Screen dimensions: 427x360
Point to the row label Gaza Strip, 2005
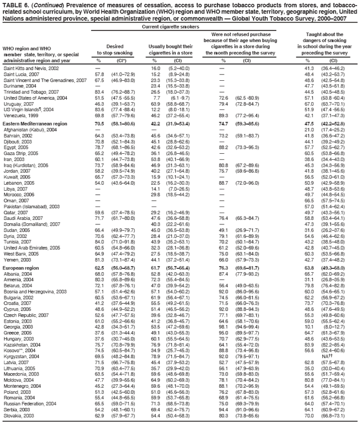pyautogui.click(x=19, y=153)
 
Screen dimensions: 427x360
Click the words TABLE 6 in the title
pyautogui.click(x=14, y=4)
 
